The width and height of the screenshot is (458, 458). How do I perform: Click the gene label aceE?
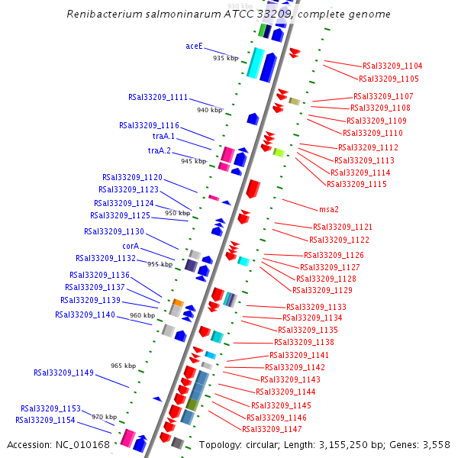[x=194, y=46]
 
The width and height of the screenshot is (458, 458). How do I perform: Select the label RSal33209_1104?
[x=392, y=66]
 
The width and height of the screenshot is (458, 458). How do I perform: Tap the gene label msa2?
[x=329, y=209]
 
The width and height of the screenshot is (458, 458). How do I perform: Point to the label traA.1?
[x=162, y=137]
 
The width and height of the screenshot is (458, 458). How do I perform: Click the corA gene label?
[x=131, y=246]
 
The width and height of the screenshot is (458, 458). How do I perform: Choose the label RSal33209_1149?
[x=63, y=373]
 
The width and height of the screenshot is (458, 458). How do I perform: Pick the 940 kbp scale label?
[x=209, y=110]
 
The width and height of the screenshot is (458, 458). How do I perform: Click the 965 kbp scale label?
[x=123, y=366]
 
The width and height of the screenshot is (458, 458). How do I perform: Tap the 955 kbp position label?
[x=160, y=264]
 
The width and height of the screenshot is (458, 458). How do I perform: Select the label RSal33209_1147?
[x=272, y=429]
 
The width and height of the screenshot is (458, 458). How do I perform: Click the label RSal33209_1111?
[x=158, y=97]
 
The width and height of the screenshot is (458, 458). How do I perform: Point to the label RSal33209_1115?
[x=356, y=184]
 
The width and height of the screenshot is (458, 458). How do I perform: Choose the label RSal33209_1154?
[x=45, y=420]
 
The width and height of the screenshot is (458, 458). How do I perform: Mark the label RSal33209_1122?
[x=338, y=240]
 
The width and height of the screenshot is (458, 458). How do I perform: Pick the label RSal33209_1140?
[x=85, y=314]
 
